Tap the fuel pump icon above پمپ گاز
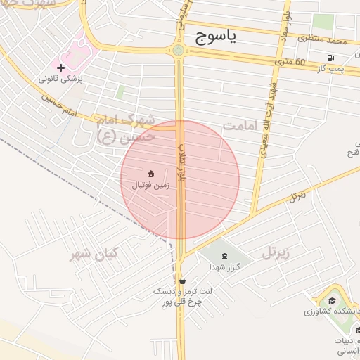tap(330, 58)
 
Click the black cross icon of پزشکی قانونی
tap(61, 68)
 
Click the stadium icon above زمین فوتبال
tap(150, 173)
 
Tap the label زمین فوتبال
tap(150, 185)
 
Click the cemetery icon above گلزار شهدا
tap(224, 256)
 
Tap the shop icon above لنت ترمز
tap(182, 280)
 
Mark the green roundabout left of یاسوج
tap(179, 50)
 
